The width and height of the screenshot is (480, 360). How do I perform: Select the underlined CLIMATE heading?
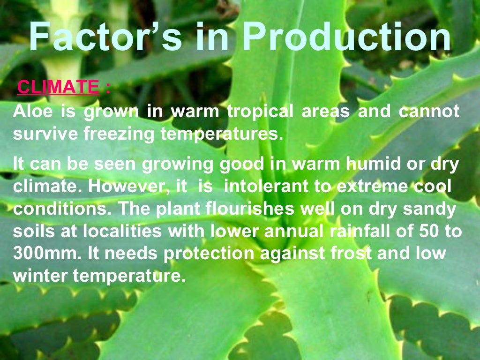point(58,87)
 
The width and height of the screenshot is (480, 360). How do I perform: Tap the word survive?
point(45,135)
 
